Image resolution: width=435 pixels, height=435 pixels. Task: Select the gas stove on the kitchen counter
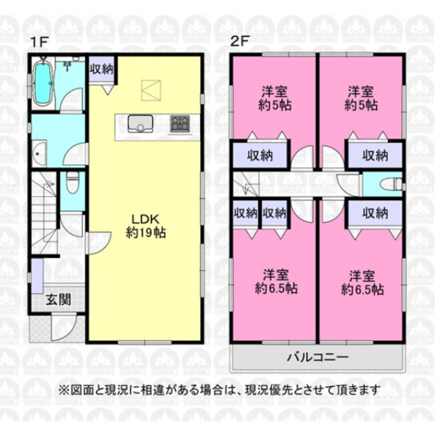(x=179, y=124)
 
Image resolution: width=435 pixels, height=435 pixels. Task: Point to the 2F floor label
(x=240, y=42)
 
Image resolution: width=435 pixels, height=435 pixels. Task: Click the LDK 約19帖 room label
(x=146, y=226)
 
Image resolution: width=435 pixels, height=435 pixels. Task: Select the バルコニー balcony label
(x=317, y=357)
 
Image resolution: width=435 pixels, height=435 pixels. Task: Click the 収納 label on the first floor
(x=101, y=69)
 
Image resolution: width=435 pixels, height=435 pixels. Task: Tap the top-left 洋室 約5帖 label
(x=275, y=99)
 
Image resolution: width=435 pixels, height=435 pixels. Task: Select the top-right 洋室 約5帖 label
(x=361, y=99)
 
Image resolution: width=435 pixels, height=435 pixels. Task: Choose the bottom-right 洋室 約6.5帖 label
(x=362, y=281)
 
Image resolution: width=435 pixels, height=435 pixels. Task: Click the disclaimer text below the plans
(x=218, y=389)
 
